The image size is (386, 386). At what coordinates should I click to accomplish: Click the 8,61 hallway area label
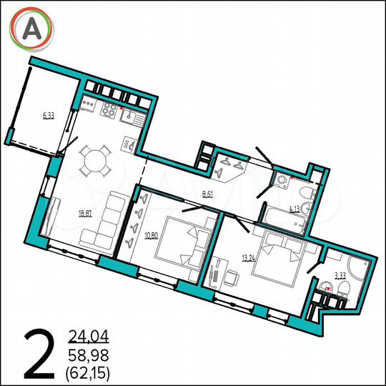click(208, 194)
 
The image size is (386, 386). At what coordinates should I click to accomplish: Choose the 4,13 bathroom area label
click(294, 209)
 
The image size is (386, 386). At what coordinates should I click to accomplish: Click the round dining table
click(93, 162)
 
